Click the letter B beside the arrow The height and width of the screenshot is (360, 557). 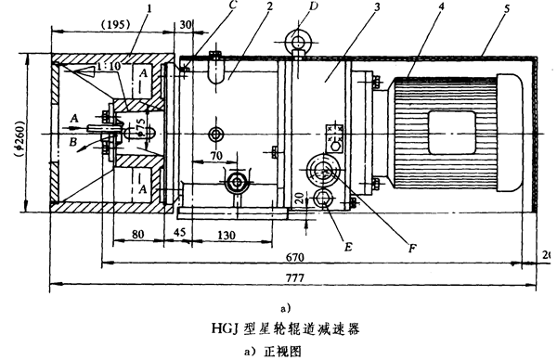(73, 143)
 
